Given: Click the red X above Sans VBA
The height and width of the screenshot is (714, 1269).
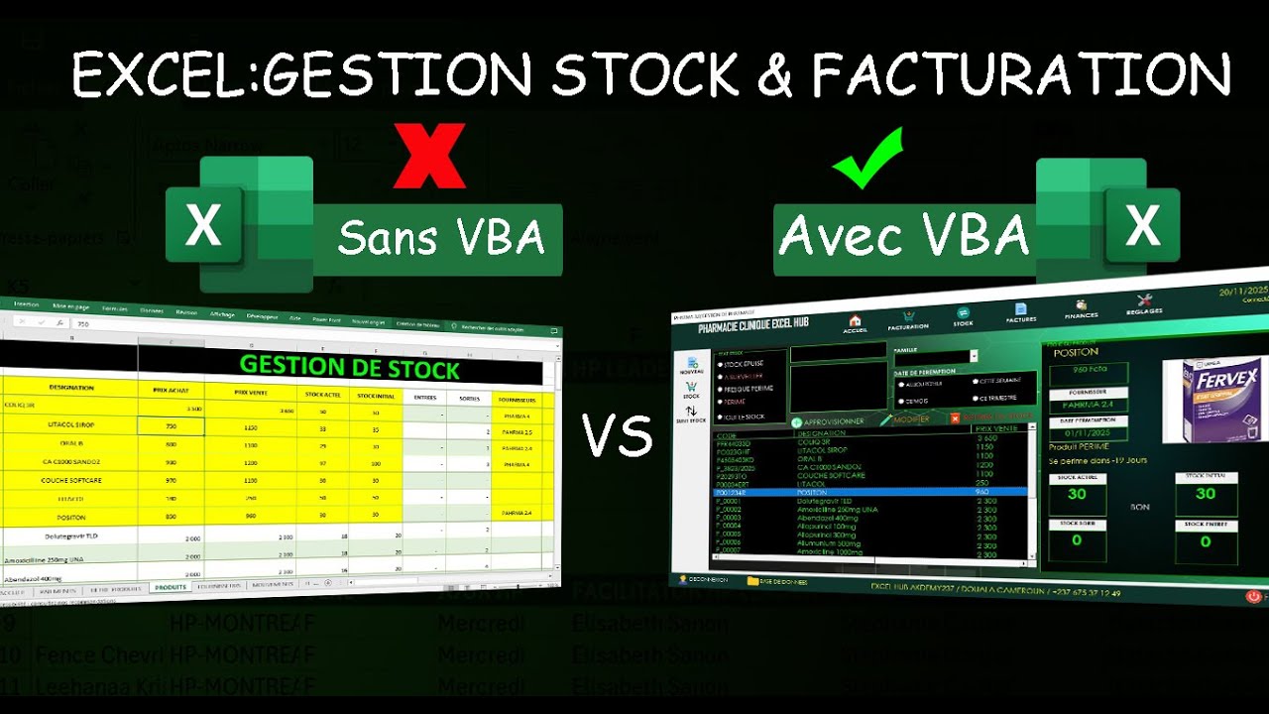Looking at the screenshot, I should point(429,156).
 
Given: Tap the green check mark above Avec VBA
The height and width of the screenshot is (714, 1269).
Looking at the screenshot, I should point(868,158).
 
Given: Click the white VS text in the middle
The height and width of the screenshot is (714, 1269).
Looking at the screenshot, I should point(617,436).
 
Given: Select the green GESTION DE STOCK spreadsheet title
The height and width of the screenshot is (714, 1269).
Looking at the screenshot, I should point(349,367).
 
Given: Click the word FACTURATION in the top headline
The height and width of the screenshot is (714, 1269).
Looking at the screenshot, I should point(1022,75).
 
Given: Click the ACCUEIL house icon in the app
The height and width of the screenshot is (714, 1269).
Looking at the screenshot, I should point(854,321).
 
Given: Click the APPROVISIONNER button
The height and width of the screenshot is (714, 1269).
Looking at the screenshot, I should point(828,420).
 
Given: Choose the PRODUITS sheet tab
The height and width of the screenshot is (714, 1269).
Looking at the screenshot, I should point(170,587).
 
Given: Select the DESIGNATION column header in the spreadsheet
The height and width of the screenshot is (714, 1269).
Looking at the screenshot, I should point(70,388).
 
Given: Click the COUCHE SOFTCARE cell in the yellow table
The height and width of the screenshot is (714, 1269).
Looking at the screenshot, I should point(71,480).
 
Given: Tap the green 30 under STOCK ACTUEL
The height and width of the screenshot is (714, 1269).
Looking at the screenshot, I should point(1077,495).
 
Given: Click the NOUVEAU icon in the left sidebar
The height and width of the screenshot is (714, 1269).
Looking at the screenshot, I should point(690,366).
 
